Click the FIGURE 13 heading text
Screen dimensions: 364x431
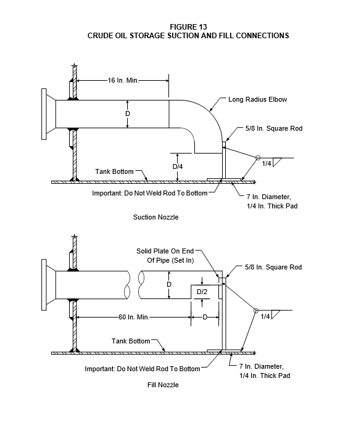(188, 27)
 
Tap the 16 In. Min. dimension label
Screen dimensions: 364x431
(123, 80)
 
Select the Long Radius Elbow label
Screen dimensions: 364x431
(257, 99)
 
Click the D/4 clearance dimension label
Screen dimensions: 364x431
(178, 166)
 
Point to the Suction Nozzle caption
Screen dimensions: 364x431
(155, 217)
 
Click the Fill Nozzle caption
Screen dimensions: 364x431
(163, 385)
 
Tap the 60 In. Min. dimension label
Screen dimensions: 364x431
(134, 317)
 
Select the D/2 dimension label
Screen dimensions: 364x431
(202, 292)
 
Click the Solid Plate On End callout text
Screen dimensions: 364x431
(165, 251)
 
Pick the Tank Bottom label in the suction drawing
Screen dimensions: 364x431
(114, 171)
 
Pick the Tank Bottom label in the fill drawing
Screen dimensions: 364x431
(131, 341)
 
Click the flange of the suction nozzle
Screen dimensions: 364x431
(44, 114)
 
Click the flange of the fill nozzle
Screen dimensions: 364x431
(44, 285)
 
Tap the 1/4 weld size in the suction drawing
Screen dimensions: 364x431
(267, 163)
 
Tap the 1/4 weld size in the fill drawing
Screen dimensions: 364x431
(265, 316)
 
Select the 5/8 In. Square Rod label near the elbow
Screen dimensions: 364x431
(274, 128)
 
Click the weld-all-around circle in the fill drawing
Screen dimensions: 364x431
(256, 311)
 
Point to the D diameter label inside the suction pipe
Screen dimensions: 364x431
(127, 113)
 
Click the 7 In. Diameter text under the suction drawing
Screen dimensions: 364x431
(268, 197)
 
